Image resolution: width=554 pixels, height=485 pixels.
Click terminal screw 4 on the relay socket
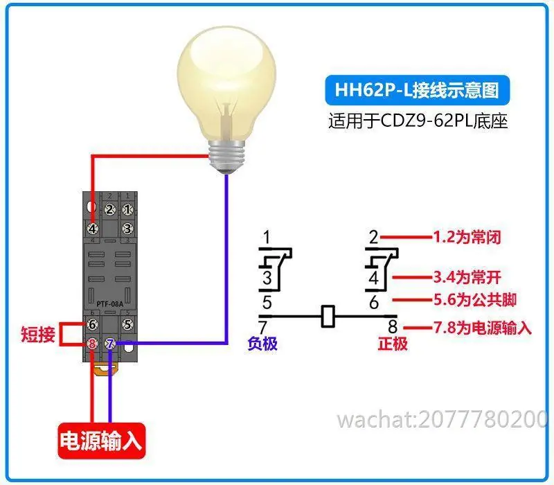coord(93,229)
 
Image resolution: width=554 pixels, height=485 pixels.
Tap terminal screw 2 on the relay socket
coord(109,210)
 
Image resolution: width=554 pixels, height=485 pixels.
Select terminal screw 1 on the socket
coord(127,210)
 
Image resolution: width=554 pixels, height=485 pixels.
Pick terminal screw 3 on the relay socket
coord(127,229)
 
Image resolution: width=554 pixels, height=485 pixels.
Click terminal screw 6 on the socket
coord(93,324)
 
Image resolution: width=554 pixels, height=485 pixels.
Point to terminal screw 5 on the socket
coord(127,324)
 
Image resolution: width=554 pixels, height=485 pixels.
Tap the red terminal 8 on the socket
coord(93,343)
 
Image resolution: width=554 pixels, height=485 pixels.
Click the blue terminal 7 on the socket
coord(110,343)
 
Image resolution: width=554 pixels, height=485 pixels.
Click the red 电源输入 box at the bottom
coord(101,441)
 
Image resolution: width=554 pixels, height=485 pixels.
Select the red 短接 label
coord(38,334)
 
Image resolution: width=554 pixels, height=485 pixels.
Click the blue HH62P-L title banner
coord(417,90)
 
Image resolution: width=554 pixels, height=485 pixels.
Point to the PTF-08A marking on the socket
coord(110,304)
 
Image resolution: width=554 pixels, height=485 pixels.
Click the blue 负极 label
coord(262,343)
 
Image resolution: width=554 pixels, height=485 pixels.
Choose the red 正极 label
coord(393,343)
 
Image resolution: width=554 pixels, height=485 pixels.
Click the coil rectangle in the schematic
coord(328,316)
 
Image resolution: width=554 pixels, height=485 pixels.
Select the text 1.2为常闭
coord(467,237)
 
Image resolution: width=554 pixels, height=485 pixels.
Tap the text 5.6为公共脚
coord(475,300)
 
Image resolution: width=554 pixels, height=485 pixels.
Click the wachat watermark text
coord(443,419)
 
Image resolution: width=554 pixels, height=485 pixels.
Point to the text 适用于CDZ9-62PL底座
coord(418,121)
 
